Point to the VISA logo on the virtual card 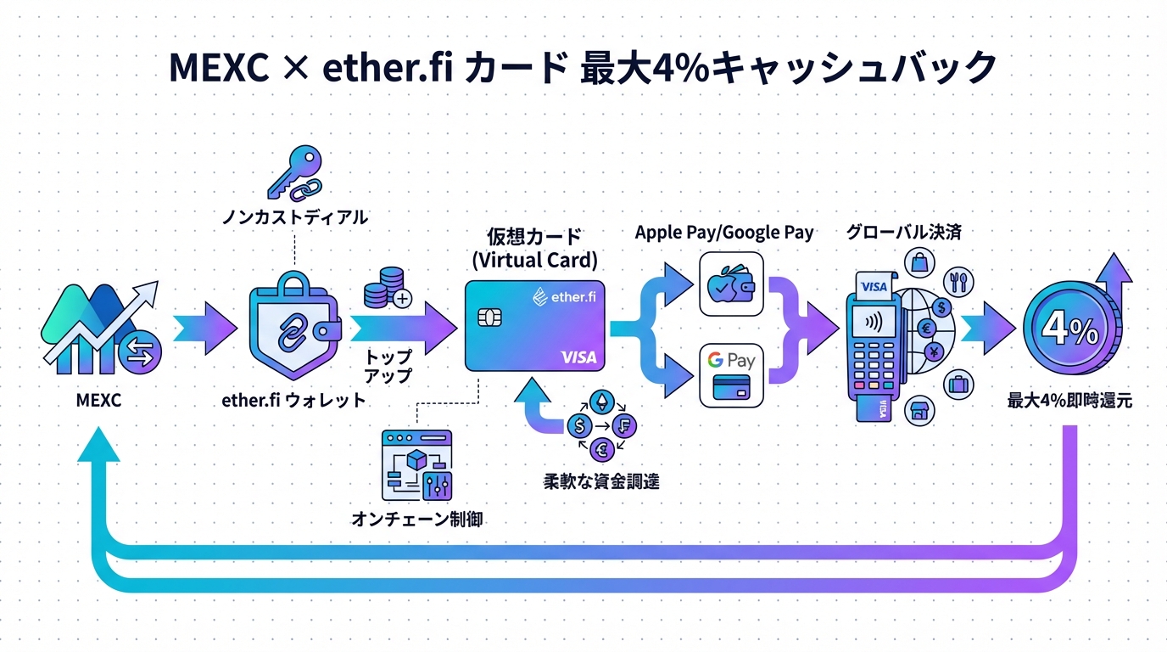578,357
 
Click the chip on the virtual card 489,318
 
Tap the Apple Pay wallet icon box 731,289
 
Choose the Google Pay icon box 731,373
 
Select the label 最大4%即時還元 1069,401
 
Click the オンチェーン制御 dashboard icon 417,464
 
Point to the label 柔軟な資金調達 601,481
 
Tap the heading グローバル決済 903,232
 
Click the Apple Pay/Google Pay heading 723,232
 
